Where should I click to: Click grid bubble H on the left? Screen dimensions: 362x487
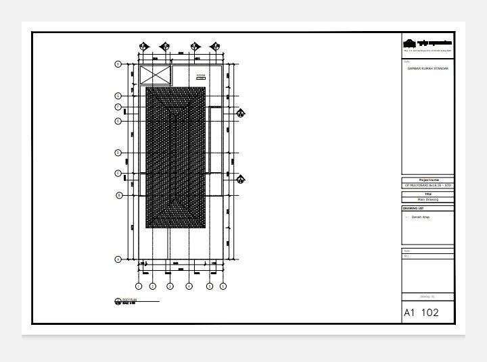(118, 64)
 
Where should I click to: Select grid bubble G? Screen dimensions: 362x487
(118, 95)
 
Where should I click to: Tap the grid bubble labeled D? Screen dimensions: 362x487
(118, 153)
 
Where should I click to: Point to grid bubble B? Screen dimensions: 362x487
(118, 195)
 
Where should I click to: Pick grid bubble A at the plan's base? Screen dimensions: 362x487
(118, 259)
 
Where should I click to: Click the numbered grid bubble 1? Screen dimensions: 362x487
(139, 286)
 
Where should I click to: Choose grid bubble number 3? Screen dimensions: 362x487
(170, 286)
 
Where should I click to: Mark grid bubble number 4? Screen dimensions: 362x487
(189, 286)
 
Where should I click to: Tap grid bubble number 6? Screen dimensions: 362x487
(221, 286)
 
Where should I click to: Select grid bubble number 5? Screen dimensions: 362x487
(210, 286)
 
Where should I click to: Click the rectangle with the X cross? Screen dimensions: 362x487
(156, 76)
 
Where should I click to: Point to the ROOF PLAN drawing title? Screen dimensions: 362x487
(129, 301)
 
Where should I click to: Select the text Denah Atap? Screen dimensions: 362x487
(421, 217)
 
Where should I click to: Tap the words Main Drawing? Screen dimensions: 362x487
(427, 199)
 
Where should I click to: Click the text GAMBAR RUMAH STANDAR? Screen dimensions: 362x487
(427, 69)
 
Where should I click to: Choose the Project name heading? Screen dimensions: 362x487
(427, 180)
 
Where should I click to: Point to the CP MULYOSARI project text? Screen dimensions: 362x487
(427, 185)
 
